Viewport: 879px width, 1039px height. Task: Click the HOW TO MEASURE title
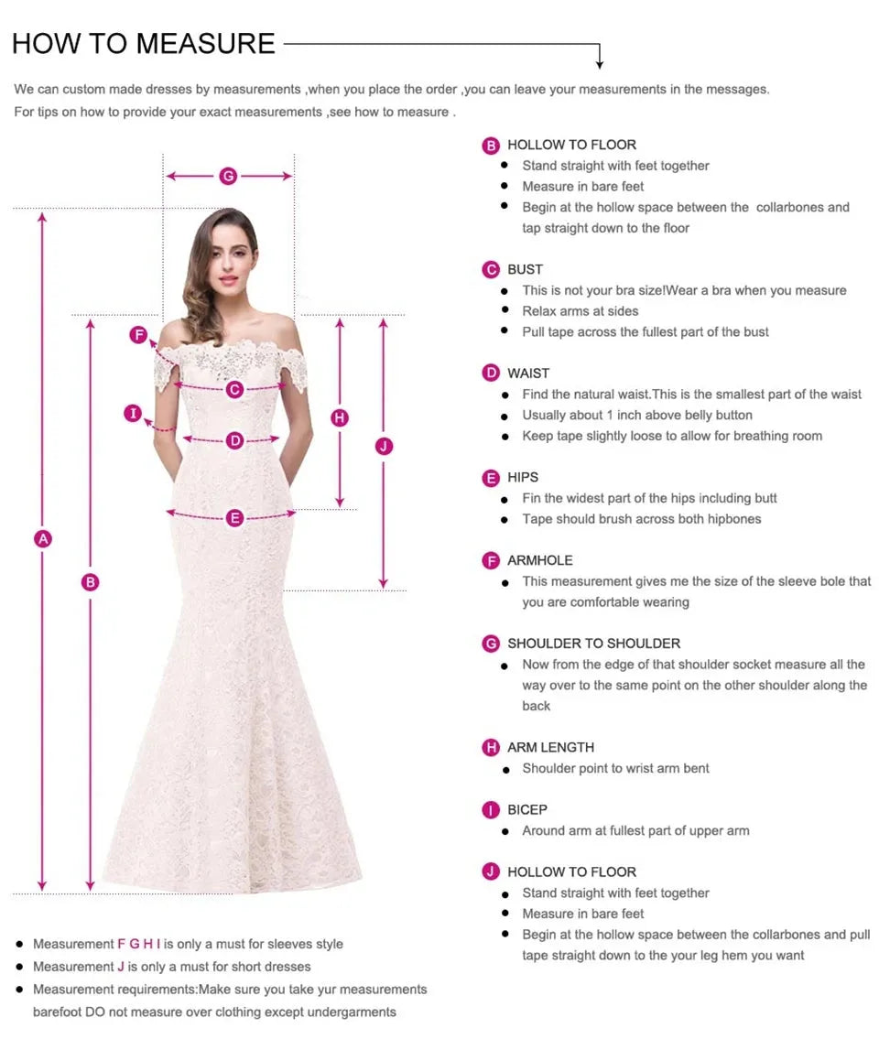tap(144, 43)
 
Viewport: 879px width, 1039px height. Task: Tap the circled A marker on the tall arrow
tap(42, 539)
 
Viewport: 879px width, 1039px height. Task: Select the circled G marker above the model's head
tap(228, 176)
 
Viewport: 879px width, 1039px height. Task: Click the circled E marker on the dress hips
tap(235, 518)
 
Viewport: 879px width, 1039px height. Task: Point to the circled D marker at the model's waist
tap(235, 440)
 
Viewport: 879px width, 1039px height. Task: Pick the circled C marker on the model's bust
tap(235, 389)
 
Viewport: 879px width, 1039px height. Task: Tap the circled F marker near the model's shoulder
tap(138, 335)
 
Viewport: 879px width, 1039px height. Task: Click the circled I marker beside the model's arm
tap(134, 414)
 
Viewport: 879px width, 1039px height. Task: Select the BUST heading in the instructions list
tap(525, 269)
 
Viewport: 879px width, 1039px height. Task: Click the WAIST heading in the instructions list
tap(528, 373)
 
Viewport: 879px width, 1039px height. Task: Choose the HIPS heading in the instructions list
tap(523, 477)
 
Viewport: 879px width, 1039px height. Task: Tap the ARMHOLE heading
tap(540, 560)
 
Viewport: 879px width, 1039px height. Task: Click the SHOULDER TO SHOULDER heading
tap(593, 644)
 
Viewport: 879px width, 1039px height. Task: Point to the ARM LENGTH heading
tap(550, 747)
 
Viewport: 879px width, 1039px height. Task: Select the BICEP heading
tap(527, 809)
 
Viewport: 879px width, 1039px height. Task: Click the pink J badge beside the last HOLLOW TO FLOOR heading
tap(492, 871)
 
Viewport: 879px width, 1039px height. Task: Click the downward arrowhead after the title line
tap(600, 63)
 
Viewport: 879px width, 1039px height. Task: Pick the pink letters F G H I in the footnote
tap(139, 944)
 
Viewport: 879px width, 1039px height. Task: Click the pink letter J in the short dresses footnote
tap(121, 967)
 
